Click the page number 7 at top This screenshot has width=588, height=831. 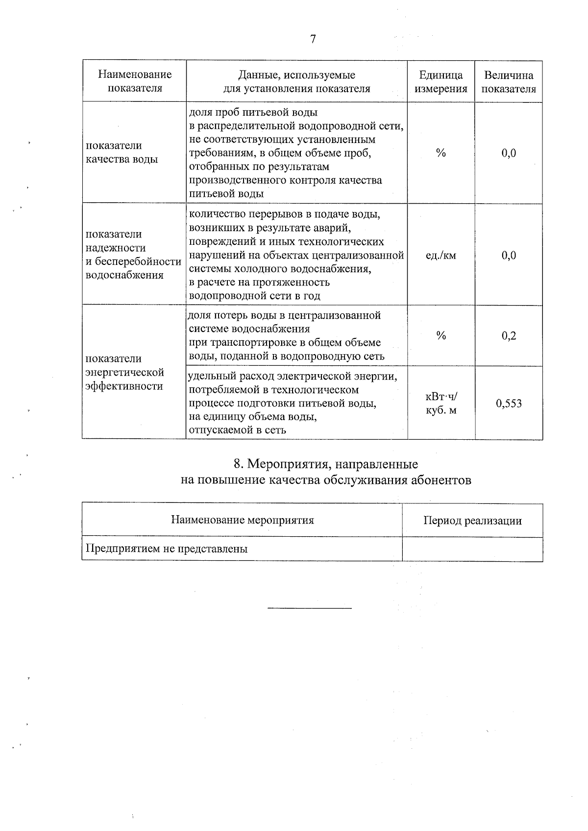pos(313,40)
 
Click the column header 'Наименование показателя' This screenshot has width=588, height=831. pos(135,81)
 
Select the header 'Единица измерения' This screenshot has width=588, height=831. pos(441,82)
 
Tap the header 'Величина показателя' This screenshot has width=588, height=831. pos(509,82)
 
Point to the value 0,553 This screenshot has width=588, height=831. pos(509,404)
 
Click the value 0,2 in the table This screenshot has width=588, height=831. pos(509,336)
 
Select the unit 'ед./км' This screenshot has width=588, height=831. pos(441,255)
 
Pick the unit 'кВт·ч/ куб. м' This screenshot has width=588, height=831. pos(441,403)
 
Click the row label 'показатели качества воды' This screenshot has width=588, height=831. pos(122,152)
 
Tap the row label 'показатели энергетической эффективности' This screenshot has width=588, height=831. pos(124,372)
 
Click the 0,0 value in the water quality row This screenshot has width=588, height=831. pos(509,153)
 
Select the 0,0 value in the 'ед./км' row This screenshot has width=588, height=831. pos(509,255)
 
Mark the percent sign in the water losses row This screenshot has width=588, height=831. pos(441,335)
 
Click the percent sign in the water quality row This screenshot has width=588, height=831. pos(441,153)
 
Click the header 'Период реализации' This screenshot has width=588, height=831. pos(472,521)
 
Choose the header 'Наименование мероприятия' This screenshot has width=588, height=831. pos(242,520)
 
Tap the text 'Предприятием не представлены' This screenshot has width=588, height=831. pos(167,548)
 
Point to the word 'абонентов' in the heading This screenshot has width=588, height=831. pos(444,480)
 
